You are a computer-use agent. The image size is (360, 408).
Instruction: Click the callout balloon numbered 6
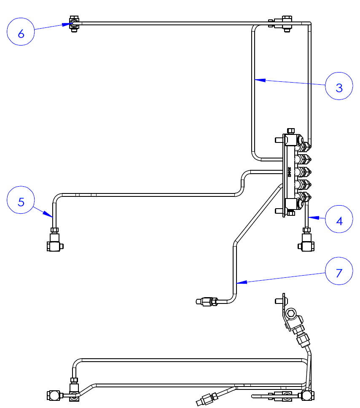pos(21,33)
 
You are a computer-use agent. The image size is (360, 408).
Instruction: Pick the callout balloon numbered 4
pos(339,219)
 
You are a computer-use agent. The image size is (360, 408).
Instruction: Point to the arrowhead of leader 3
pos(256,79)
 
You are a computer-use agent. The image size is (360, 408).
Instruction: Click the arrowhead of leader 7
pos(238,282)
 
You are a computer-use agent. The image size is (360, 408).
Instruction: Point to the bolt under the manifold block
pos(291,213)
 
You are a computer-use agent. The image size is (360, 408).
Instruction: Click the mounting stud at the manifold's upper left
pos(279,139)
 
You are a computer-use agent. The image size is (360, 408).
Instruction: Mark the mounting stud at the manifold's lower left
pos(279,211)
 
